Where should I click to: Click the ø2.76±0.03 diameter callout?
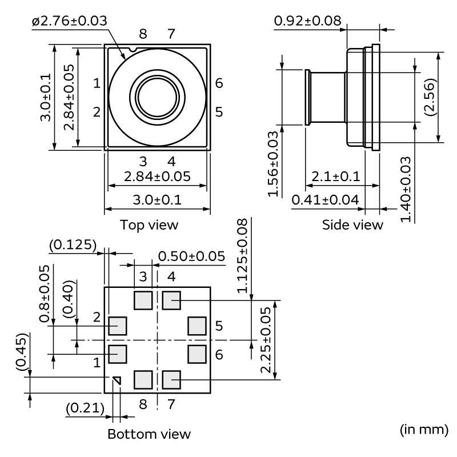70,21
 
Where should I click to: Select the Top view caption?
149,225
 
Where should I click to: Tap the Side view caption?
352,225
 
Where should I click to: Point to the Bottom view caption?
149,434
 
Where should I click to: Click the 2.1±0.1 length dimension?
333,177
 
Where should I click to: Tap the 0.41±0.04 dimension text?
324,199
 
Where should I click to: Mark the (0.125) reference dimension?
73,245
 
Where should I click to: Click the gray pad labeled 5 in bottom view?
197,326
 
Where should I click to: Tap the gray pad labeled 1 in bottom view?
117,354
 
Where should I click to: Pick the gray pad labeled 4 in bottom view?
171,299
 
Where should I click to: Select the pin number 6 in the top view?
219,83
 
